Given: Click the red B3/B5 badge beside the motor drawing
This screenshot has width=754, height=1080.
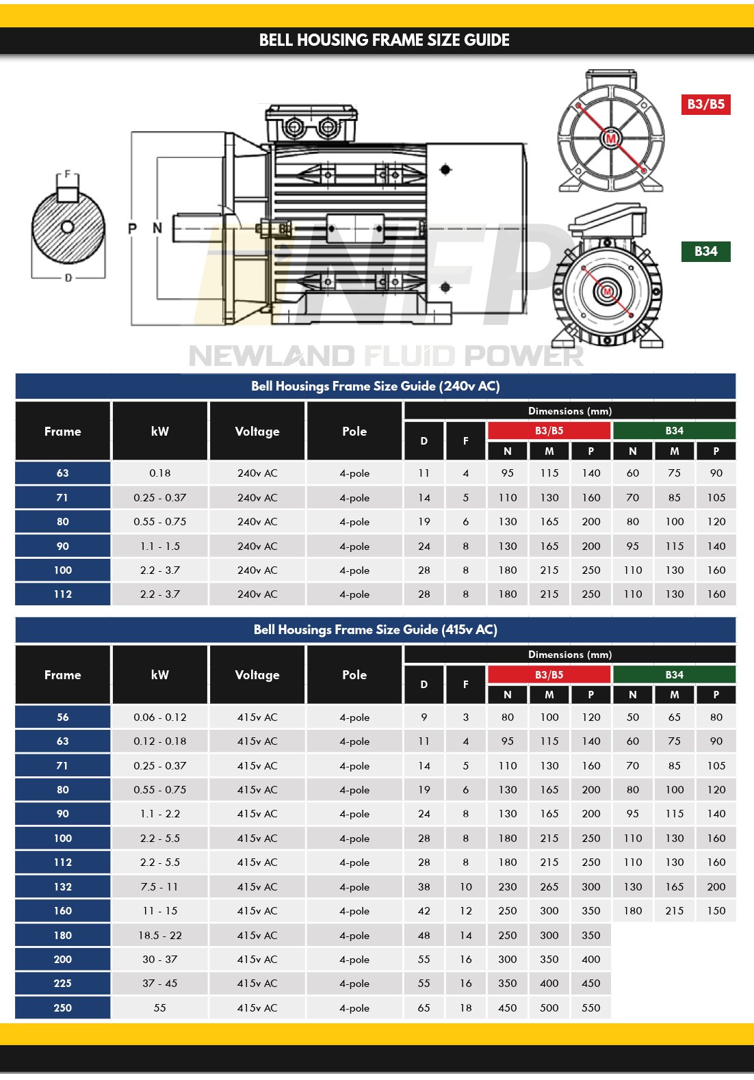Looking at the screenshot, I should (x=705, y=104).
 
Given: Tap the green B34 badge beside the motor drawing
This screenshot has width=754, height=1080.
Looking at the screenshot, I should (x=705, y=251).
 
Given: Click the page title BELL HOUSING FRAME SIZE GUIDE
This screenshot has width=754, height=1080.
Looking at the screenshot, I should (x=384, y=40).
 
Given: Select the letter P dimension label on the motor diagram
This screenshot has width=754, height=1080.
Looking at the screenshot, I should (x=133, y=228).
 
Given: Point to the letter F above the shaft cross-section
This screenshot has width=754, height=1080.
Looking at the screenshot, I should (x=67, y=174).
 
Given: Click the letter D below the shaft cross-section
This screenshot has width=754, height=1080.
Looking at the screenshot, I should (x=68, y=278).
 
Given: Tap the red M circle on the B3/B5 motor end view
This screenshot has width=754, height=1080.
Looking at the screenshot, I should (x=611, y=139).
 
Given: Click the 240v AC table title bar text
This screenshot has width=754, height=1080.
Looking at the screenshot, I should (x=375, y=386).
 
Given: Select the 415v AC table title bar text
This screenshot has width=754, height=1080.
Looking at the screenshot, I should (x=375, y=629).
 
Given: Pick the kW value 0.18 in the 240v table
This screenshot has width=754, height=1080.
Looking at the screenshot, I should (x=159, y=473).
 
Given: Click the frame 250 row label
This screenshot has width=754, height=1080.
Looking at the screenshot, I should (x=63, y=1007).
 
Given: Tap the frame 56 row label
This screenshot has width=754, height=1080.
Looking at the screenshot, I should (x=63, y=717).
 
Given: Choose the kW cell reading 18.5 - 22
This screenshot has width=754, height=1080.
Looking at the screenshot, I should (x=159, y=935).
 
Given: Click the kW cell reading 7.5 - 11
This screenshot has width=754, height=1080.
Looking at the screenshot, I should (x=159, y=886).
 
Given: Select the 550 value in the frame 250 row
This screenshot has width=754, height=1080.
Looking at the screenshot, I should (x=590, y=1007).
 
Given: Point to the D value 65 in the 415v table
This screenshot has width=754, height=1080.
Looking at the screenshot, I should (x=424, y=1007).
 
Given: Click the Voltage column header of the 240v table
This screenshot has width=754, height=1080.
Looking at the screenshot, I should (x=257, y=432).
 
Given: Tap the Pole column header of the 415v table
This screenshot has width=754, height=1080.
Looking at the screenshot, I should (x=354, y=675).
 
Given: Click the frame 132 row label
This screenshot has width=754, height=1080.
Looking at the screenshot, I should (x=63, y=886).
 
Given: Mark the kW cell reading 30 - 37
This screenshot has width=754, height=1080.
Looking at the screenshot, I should (x=159, y=959).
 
